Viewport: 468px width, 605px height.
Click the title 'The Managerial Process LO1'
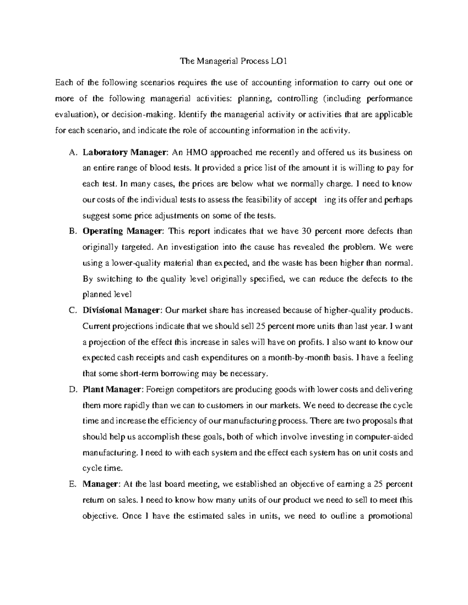pos(233,61)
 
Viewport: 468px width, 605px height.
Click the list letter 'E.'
pos(71,484)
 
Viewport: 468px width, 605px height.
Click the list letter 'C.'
pos(71,310)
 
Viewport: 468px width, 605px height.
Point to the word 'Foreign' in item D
pos(160,390)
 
